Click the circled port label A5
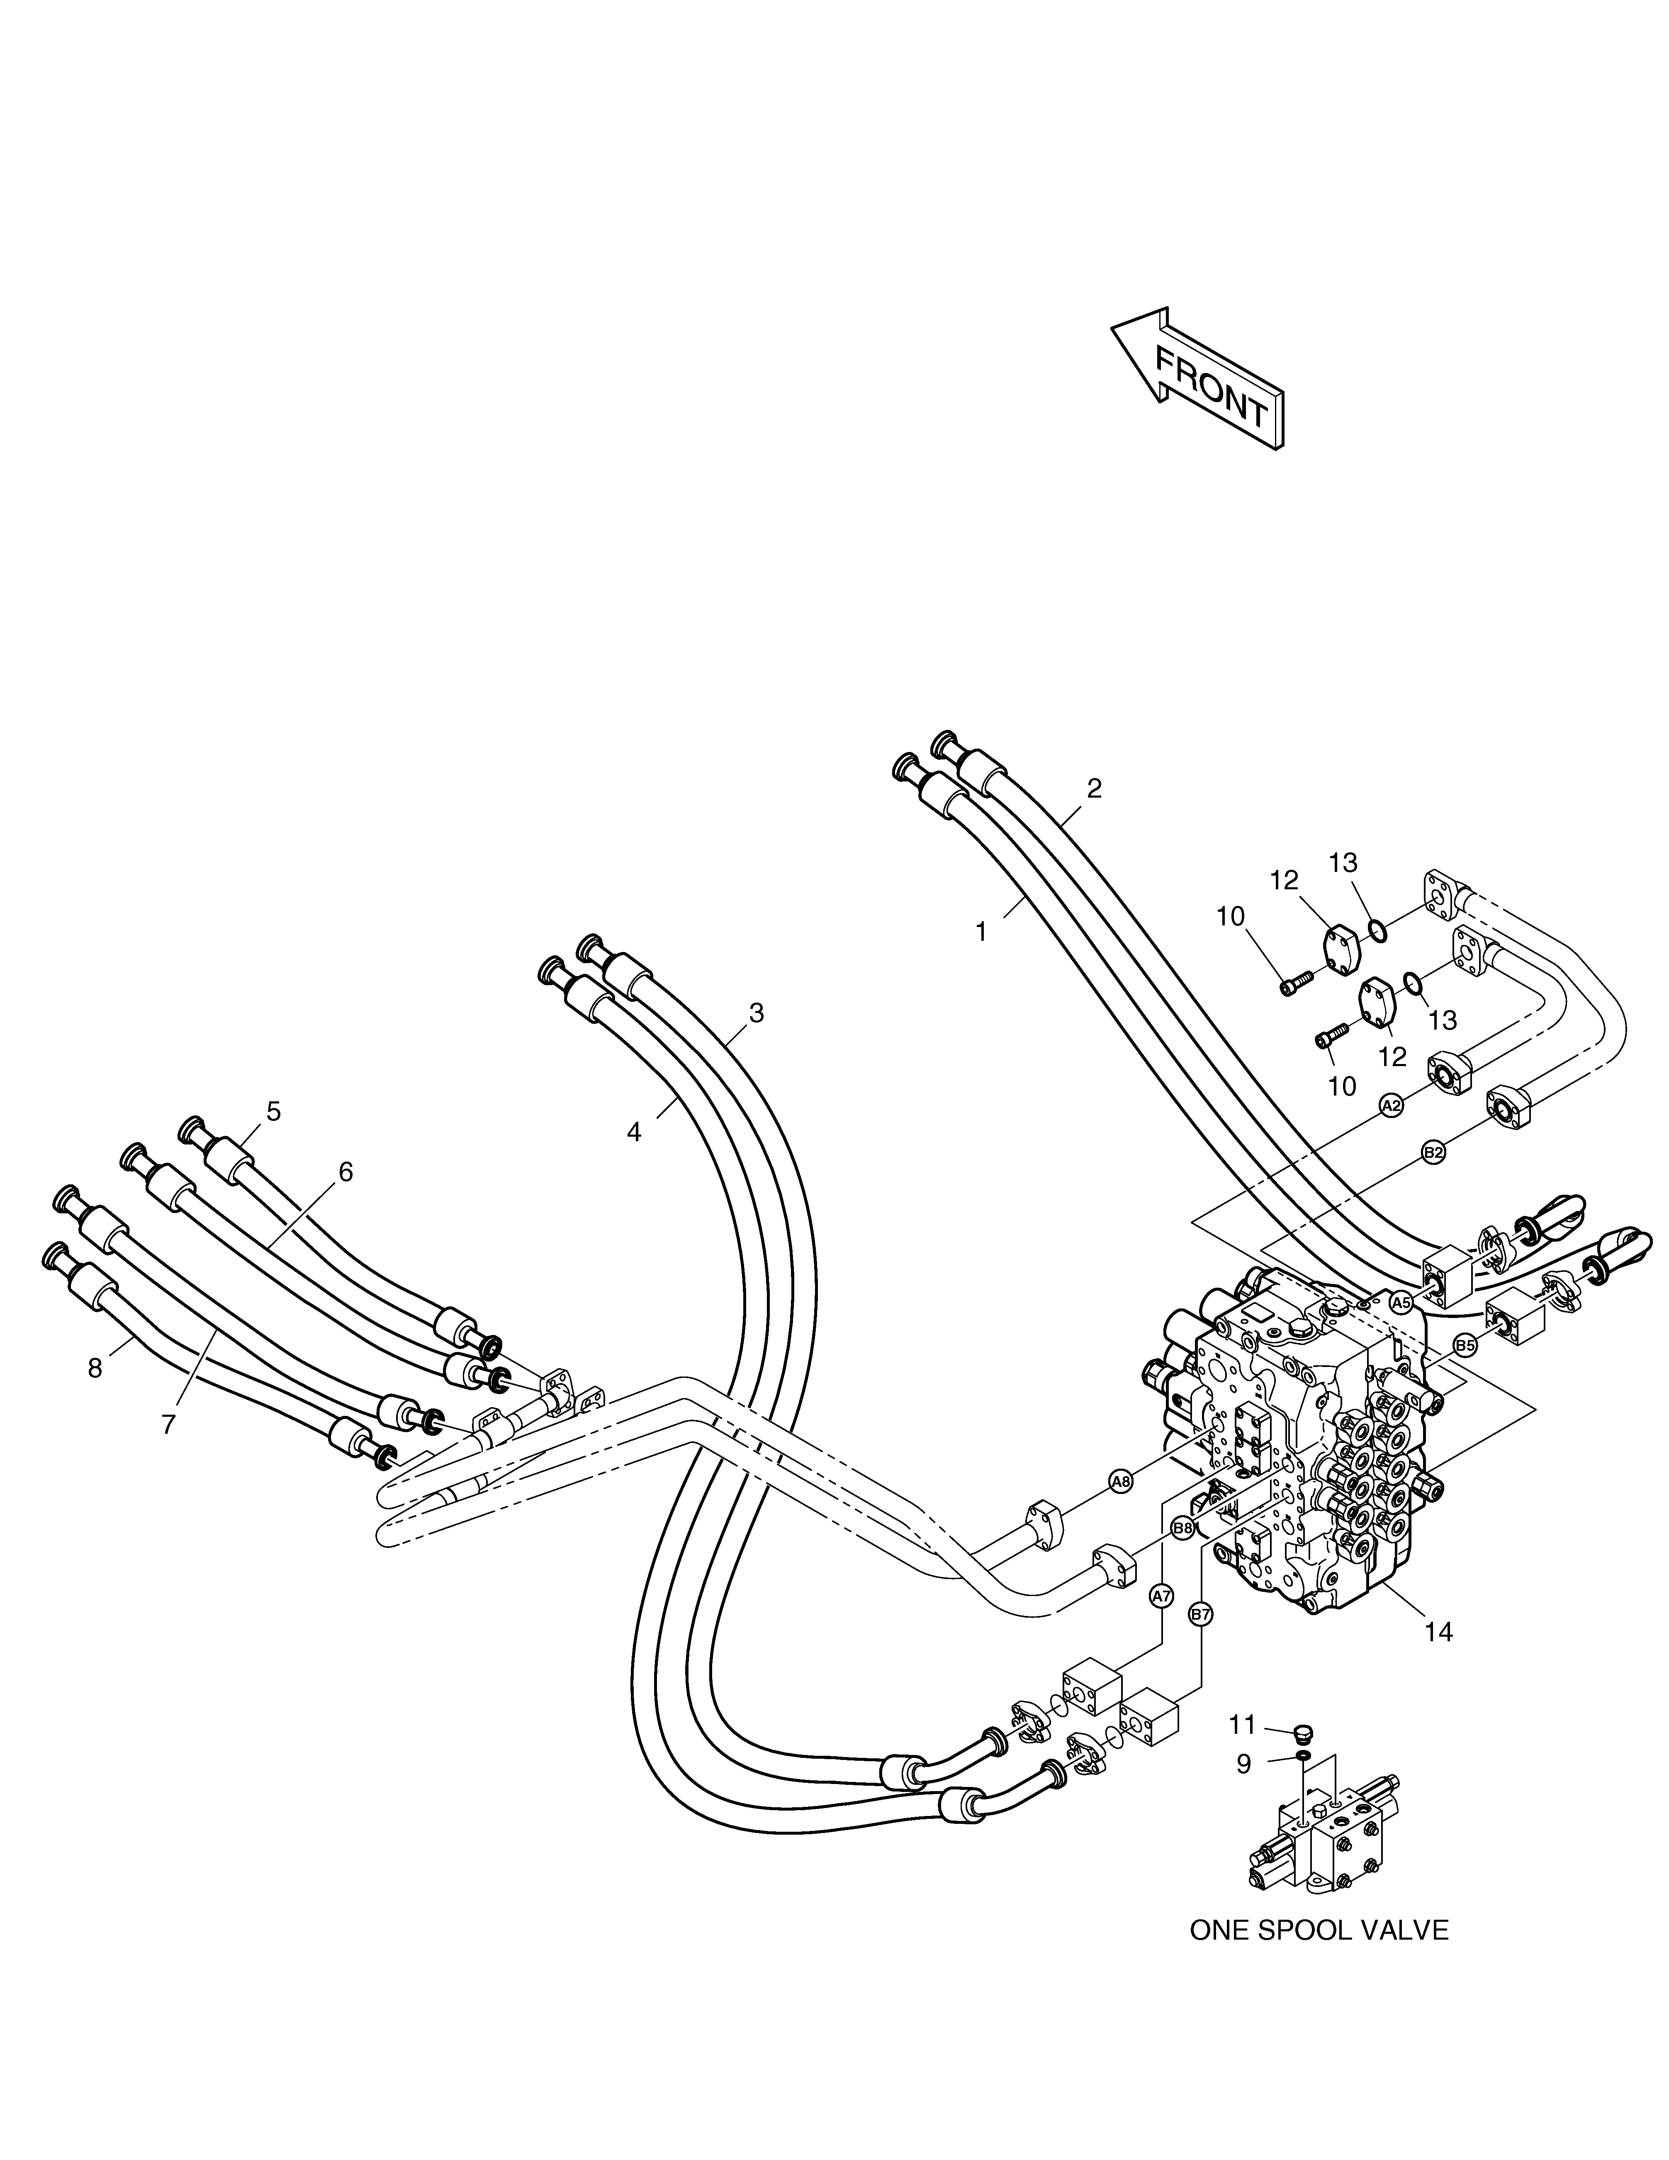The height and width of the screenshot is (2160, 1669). click(1400, 1303)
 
